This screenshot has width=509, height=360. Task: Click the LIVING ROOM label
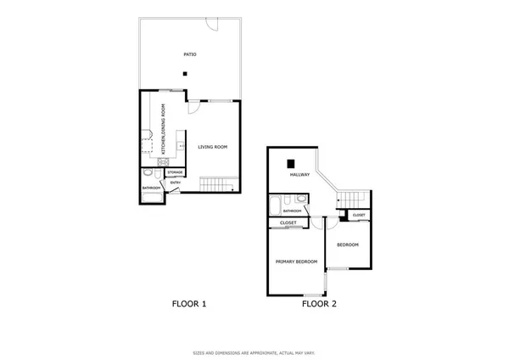[x=213, y=147]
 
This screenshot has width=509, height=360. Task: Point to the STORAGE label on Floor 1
[x=175, y=172]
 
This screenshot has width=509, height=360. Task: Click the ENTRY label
[x=176, y=183]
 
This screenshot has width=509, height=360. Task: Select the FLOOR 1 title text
[x=189, y=303]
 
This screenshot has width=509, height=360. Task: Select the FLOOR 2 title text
[x=321, y=303]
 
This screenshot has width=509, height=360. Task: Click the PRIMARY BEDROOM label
[x=295, y=262]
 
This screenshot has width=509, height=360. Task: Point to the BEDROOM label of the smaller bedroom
[x=347, y=245]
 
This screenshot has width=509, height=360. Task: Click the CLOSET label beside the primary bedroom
[x=288, y=223]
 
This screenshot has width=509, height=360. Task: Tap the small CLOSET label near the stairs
[x=359, y=216]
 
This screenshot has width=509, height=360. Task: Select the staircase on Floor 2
[x=354, y=198]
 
